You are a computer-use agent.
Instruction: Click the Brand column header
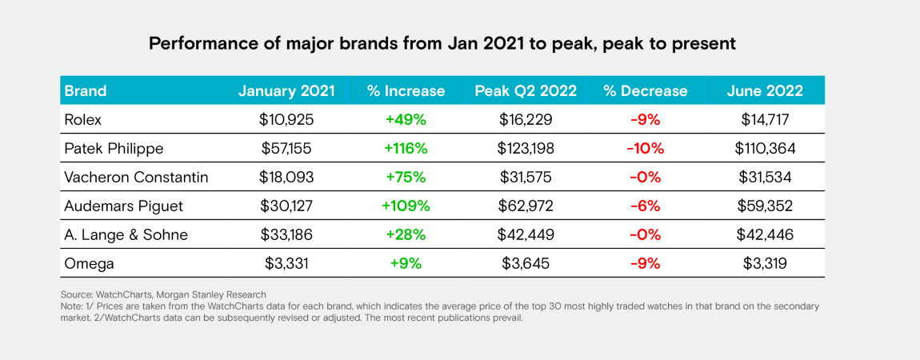(86, 90)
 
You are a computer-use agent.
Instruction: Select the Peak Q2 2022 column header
(526, 90)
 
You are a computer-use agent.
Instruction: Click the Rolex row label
(83, 119)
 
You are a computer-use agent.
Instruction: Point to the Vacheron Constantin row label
(136, 177)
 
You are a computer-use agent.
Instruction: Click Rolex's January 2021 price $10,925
(287, 119)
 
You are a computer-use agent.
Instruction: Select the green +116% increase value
(406, 148)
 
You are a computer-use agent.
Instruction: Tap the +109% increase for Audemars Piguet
(406, 206)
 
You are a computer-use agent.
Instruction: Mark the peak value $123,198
(526, 148)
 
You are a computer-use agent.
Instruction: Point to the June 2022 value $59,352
(765, 206)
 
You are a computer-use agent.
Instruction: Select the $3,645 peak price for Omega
(526, 263)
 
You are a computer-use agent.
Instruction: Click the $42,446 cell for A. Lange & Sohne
(765, 234)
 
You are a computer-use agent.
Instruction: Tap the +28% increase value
(406, 234)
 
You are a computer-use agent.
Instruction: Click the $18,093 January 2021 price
(287, 177)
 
